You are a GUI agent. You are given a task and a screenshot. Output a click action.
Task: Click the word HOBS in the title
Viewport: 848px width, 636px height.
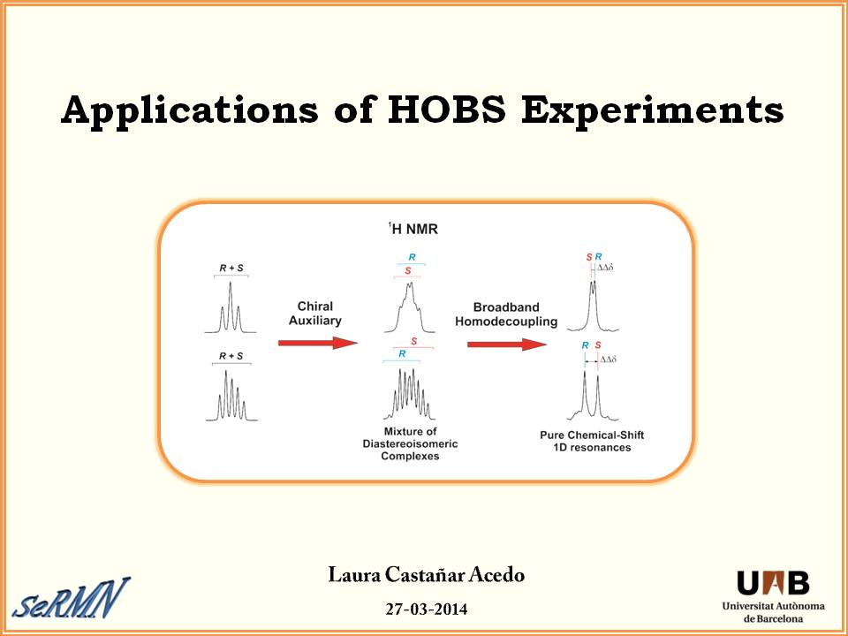[447, 110]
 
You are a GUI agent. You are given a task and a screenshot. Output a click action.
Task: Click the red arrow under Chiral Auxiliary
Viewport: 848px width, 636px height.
[318, 343]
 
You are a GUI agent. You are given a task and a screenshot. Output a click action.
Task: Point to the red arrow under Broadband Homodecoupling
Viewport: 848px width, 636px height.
[507, 344]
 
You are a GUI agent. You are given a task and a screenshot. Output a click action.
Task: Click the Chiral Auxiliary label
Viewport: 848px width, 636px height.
[315, 313]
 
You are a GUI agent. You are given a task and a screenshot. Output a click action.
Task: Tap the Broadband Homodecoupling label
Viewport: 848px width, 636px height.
[506, 314]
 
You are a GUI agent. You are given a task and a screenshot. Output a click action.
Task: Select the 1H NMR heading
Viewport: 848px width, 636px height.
[413, 229]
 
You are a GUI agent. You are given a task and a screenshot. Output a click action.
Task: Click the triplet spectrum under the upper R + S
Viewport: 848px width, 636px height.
[231, 307]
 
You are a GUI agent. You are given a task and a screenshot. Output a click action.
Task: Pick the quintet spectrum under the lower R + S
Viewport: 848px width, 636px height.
[231, 396]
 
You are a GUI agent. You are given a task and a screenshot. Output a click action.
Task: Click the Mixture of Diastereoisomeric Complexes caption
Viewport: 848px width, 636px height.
[410, 444]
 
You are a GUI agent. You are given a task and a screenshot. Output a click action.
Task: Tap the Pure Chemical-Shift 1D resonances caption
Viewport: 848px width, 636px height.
[592, 442]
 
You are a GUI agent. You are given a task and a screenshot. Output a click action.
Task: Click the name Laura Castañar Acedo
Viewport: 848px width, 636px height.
[426, 575]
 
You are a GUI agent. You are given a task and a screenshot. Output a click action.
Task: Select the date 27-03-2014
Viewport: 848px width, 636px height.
[426, 609]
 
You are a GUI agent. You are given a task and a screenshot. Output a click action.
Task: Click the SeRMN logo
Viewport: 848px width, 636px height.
[72, 598]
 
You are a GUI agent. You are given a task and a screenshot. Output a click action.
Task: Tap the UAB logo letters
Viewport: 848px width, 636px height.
[773, 583]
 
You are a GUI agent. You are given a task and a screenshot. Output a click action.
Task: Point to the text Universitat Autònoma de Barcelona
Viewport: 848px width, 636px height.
[774, 612]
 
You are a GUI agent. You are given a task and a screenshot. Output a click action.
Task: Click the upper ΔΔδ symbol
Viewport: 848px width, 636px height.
[605, 267]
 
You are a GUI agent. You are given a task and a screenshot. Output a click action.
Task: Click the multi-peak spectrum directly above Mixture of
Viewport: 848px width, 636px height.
[409, 394]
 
